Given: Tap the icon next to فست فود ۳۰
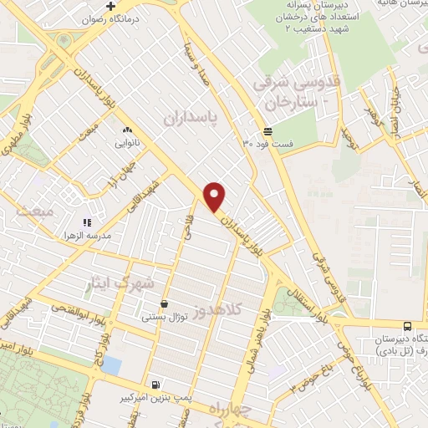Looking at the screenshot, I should (267, 130).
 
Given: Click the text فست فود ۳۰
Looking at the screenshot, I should (267, 144).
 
